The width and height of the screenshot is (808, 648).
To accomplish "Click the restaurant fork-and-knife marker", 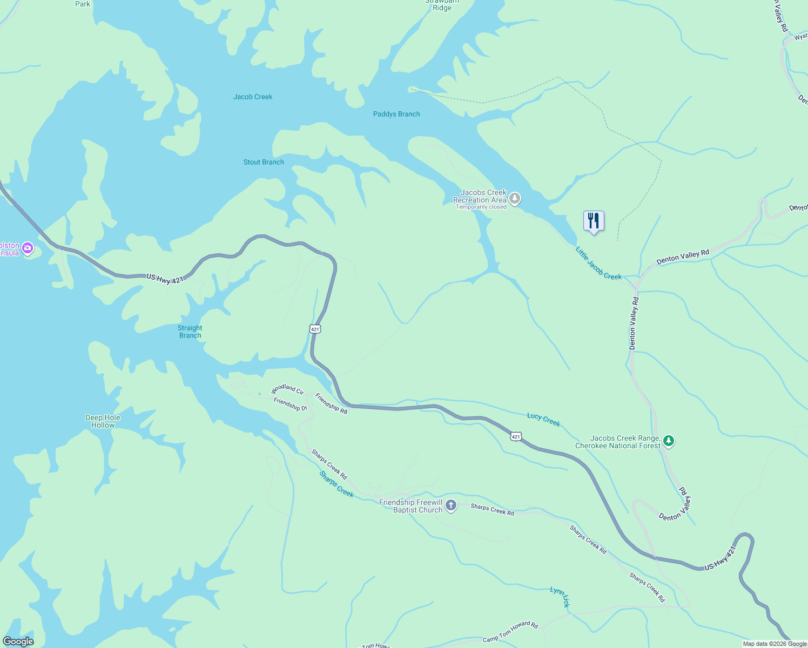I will coord(594,221).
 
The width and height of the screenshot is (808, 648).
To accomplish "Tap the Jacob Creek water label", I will coord(253,97).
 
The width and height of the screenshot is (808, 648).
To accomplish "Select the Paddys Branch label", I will coord(396,114).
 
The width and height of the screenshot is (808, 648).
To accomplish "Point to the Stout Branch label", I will coord(264,162).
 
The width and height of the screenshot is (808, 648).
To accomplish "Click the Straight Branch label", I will coord(190,332).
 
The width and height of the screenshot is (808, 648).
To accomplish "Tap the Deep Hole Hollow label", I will coord(103,421).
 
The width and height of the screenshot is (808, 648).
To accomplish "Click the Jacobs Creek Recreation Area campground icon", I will coord(515,199).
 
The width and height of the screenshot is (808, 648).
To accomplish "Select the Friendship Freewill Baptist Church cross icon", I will coord(451,505).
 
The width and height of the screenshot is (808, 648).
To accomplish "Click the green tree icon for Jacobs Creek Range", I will coord(669,441).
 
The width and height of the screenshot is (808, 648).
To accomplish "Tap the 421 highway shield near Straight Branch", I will coord(315,329).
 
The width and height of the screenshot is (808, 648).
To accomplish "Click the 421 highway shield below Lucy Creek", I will coord(516,436).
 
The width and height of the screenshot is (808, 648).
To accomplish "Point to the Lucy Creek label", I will coord(543,420).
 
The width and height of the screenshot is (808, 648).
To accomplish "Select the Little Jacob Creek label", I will coord(598,264).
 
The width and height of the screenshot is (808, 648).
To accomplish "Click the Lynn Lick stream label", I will coord(560,597).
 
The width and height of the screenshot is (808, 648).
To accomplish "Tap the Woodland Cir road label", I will coord(287,389).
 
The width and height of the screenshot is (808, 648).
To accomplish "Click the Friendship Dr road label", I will coord(290,404).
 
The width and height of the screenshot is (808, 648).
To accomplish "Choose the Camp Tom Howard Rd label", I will coord(510,632).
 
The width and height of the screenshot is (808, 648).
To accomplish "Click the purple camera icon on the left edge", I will coord(28,249).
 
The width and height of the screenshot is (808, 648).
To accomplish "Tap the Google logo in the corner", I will coord(18,642).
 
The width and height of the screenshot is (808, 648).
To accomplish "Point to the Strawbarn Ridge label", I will coord(442,5).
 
